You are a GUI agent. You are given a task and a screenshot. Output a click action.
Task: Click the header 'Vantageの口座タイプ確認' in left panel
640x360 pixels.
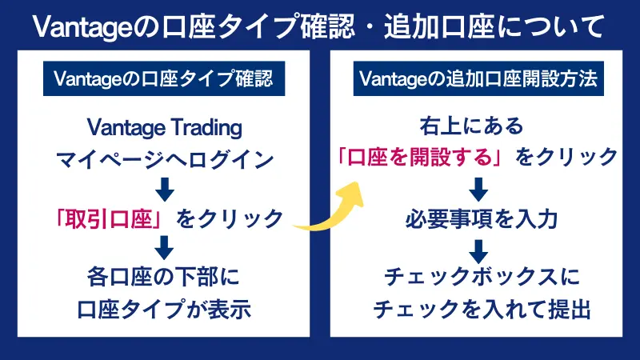[163, 79]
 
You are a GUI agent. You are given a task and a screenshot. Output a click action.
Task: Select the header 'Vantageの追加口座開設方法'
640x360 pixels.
[478, 79]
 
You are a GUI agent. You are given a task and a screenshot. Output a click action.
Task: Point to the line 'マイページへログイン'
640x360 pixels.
[163, 158]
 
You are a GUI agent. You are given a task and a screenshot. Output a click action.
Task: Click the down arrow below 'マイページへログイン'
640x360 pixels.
[163, 189]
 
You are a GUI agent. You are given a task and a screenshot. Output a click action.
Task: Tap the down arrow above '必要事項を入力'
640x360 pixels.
[478, 189]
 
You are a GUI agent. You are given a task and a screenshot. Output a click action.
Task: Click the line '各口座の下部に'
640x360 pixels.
[163, 278]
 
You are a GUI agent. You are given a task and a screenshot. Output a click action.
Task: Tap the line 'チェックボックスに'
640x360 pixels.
[478, 278]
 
